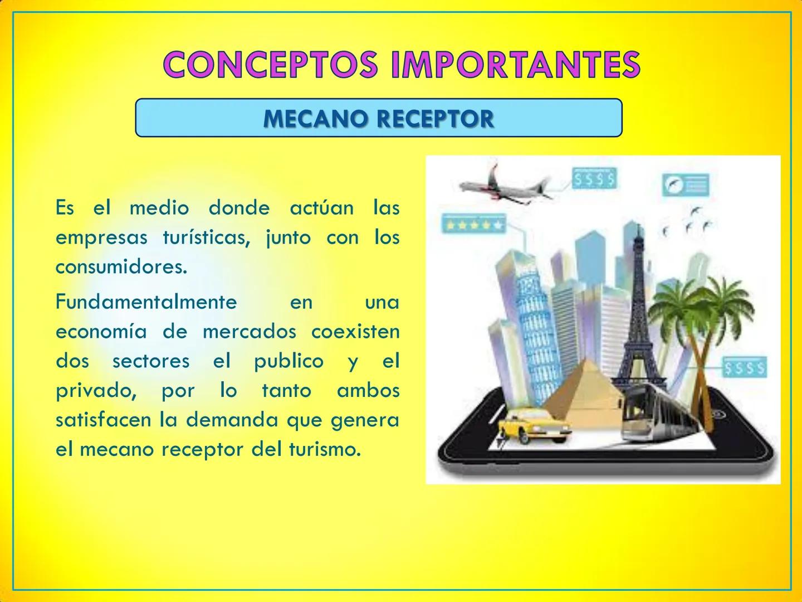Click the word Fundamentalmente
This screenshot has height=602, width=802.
click(146, 302)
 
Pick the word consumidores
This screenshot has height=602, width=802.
click(121, 267)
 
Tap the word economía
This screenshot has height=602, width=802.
click(101, 332)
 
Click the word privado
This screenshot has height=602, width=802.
click(96, 390)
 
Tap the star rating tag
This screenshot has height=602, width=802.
click(473, 225)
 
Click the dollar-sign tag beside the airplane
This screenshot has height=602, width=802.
click(594, 179)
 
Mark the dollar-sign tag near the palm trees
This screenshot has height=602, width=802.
click(744, 368)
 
